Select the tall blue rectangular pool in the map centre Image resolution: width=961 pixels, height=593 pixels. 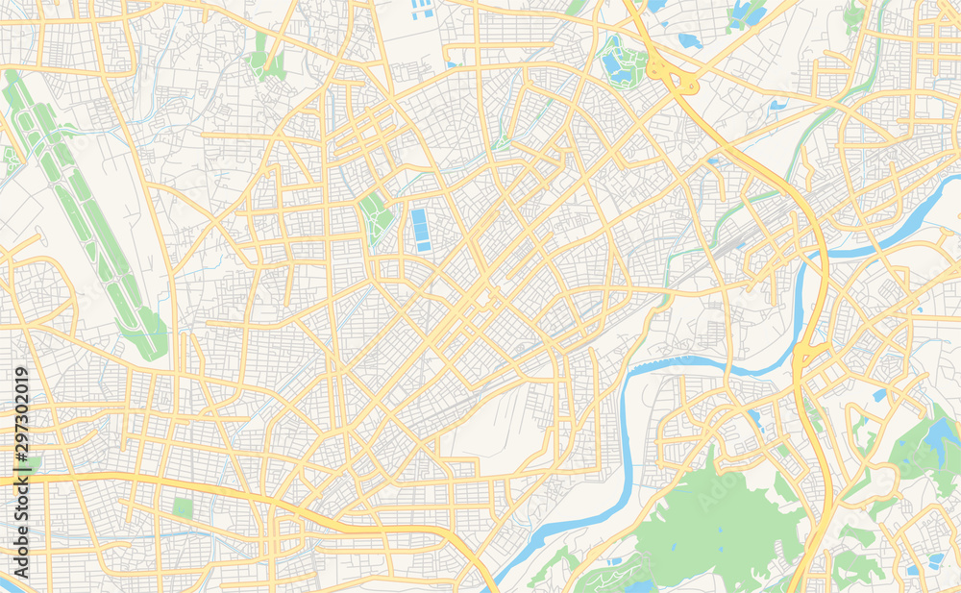click(420, 231)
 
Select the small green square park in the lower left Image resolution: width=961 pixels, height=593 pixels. click(182, 507)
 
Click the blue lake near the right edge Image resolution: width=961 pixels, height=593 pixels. click(937, 437)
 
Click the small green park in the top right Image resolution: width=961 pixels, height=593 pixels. click(852, 14)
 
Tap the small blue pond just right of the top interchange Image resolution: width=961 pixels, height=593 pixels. click(689, 40)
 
